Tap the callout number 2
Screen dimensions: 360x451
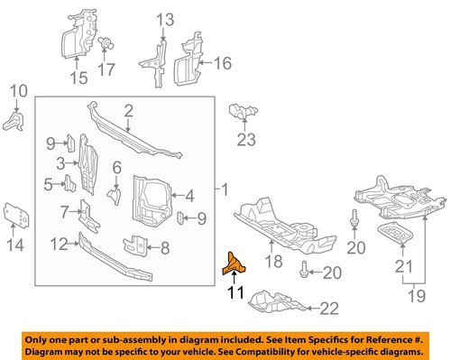tap(128, 111)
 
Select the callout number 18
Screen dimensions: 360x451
tap(273, 262)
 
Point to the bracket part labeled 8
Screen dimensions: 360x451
tap(140, 244)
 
